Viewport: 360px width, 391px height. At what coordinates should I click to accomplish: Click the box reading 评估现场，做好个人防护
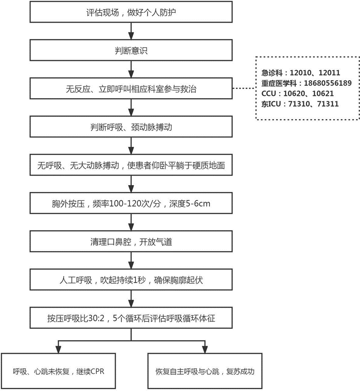(x=131, y=12)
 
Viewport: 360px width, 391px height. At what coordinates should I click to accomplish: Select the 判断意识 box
(x=131, y=50)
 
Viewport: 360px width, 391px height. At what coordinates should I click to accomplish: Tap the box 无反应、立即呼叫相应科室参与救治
(x=131, y=89)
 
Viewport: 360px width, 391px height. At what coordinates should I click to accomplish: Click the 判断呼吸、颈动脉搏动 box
(x=131, y=127)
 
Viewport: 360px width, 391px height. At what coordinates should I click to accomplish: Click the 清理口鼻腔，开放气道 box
(x=131, y=241)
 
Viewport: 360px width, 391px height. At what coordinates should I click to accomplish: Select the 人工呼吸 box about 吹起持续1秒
(x=131, y=280)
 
